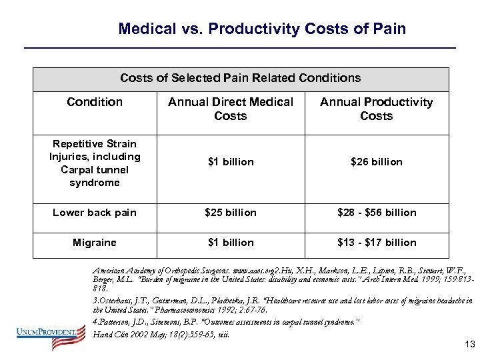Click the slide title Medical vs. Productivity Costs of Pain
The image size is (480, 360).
261,29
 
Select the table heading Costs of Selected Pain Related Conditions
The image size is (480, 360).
240,78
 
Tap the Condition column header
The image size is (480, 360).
95,102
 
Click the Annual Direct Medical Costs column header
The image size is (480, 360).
231,109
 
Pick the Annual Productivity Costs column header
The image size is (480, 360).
376,109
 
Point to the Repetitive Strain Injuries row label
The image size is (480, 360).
95,163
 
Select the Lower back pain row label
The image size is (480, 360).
95,213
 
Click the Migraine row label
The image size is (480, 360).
95,243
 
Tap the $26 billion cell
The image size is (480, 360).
376,162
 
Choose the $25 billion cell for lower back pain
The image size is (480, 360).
231,213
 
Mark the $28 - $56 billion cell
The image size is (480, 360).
376,213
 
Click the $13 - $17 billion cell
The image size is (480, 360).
376,243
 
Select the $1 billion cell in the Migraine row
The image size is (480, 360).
231,243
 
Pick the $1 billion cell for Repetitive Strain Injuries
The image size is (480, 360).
231,162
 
